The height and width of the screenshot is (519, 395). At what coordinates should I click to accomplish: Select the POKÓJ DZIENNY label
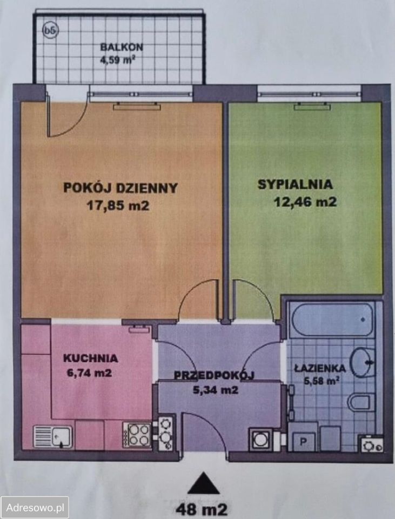click(120, 188)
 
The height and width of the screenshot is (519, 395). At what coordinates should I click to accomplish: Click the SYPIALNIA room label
click(295, 184)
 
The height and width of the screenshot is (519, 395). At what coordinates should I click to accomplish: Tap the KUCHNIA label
click(90, 358)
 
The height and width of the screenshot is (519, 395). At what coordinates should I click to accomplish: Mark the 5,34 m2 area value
click(215, 389)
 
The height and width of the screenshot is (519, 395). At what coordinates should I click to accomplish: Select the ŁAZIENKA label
click(320, 368)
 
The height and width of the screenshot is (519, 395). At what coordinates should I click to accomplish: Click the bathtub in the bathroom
click(331, 319)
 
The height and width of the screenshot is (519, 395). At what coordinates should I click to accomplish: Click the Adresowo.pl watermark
click(35, 508)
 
